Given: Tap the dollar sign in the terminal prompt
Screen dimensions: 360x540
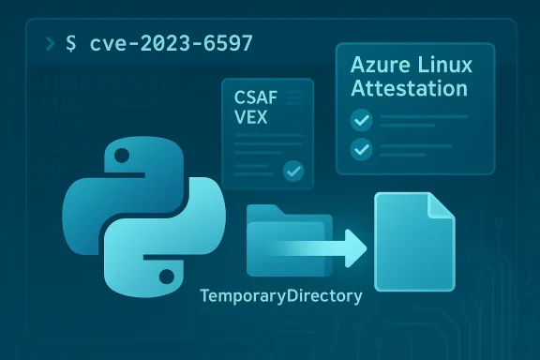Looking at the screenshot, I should coord(70,45).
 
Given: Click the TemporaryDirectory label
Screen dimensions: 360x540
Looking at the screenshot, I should coord(281,296).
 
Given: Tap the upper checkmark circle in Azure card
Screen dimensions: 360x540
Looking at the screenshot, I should coord(361,120).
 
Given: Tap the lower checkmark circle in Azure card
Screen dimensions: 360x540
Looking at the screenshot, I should coord(361,149).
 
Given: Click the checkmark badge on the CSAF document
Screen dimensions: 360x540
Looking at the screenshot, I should coord(294,171).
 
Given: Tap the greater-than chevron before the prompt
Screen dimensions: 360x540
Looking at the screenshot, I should coord(45,45).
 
